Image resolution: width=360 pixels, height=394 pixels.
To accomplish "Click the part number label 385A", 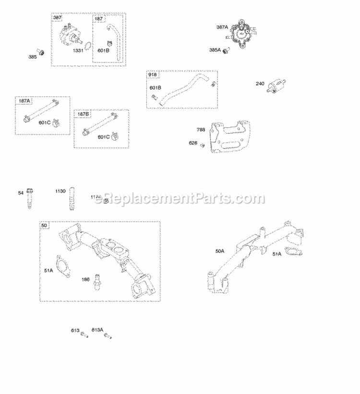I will [x=215, y=49].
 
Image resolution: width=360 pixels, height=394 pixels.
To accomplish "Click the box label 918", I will [x=152, y=75].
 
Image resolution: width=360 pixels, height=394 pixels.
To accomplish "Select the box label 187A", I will [x=24, y=101].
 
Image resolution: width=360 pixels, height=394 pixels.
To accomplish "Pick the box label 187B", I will [x=83, y=114].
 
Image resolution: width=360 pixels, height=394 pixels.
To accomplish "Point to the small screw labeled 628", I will [x=203, y=145].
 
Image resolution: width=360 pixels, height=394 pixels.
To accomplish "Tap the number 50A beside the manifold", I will [x=220, y=251].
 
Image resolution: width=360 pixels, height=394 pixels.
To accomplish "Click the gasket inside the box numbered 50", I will [x=63, y=266].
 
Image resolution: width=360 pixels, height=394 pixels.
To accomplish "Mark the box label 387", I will [x=57, y=18].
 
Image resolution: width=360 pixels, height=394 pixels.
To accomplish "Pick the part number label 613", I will [x=74, y=330].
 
